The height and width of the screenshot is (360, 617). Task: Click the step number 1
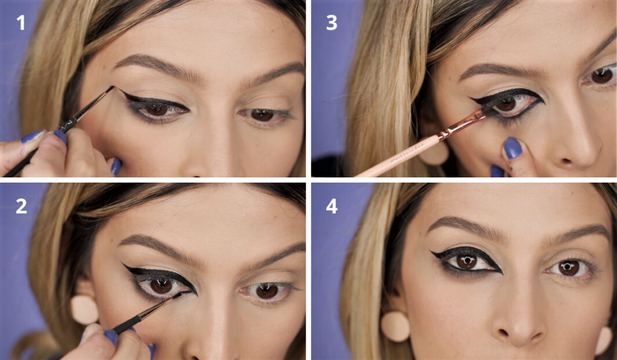pos(20,24)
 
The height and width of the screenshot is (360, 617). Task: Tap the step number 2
pos(21,206)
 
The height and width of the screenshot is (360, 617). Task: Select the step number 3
pos(332,23)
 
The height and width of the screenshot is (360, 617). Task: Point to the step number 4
pos(332,206)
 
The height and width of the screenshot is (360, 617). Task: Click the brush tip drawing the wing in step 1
pos(112,89)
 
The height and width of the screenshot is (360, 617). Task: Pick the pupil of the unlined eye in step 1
pos(262,115)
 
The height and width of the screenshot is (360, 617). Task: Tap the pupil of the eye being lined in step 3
pos(506,104)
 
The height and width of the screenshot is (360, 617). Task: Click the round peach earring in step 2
pos(85,310)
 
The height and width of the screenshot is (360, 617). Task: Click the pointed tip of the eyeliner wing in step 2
pos(123,265)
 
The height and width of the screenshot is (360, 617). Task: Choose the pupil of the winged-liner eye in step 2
pos(162,285)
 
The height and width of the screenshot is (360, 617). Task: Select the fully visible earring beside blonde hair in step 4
pos(395,326)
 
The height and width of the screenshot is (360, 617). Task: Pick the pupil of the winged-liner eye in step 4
pos(466,261)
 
